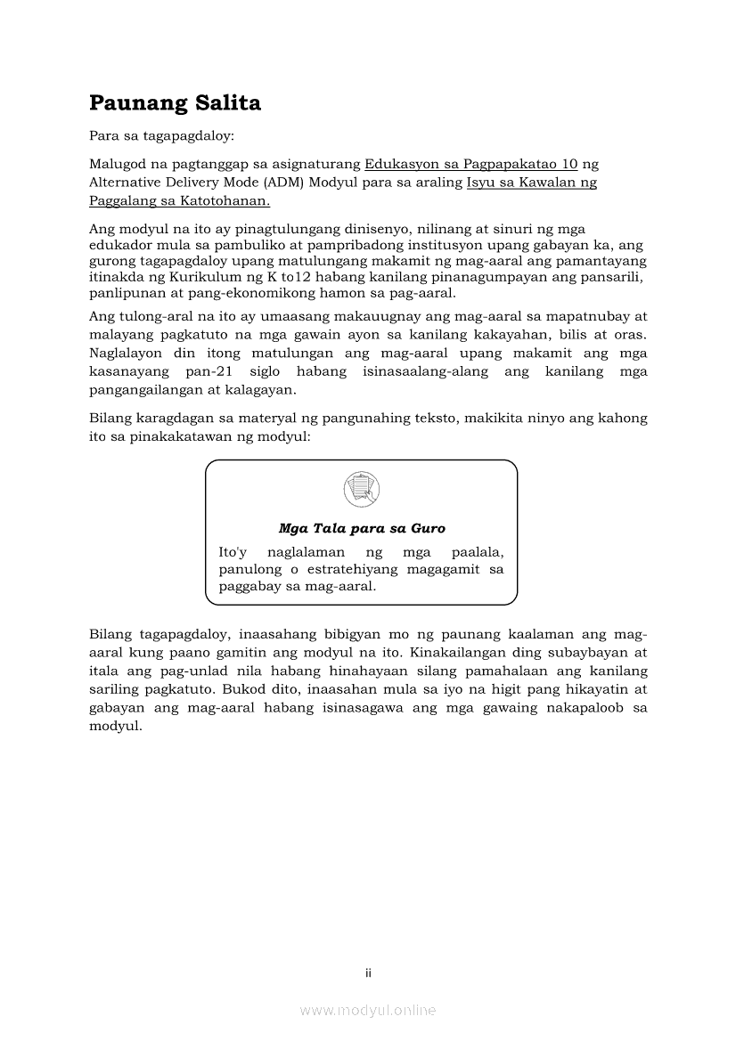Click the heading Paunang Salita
[175, 103]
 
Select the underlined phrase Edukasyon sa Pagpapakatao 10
[471, 164]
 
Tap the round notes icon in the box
[361, 489]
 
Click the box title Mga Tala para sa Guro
[362, 528]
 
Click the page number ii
[368, 973]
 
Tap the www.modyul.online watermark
[368, 1010]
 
